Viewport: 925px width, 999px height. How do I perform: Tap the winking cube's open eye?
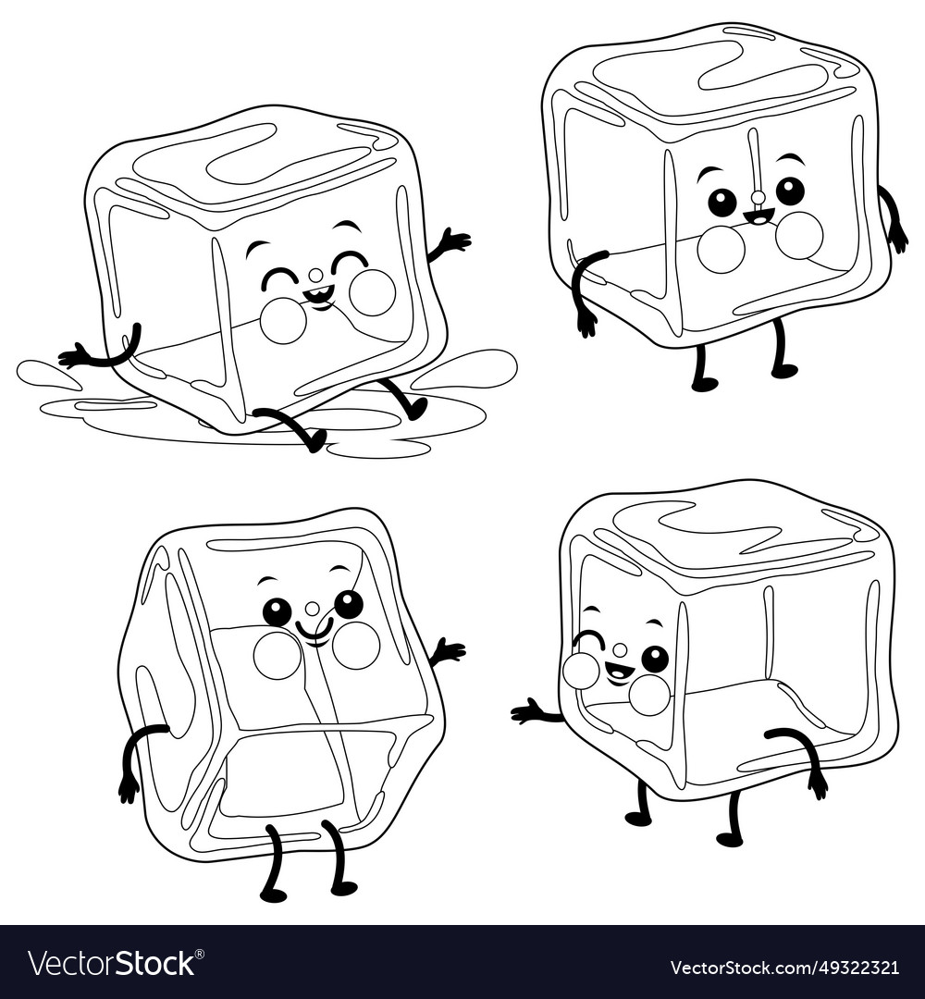tap(655, 659)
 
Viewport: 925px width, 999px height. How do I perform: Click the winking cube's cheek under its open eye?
tap(649, 694)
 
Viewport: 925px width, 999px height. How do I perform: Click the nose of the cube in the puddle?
tap(315, 275)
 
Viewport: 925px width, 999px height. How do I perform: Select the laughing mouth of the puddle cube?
tap(318, 298)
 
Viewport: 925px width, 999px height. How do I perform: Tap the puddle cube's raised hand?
tap(455, 240)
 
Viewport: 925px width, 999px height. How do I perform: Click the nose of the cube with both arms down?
tap(758, 196)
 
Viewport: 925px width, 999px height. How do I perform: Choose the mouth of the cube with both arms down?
tap(758, 218)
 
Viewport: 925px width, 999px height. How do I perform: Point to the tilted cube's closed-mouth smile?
tap(314, 633)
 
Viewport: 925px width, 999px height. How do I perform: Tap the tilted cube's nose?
tap(313, 608)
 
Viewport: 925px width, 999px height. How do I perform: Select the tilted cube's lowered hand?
tap(128, 787)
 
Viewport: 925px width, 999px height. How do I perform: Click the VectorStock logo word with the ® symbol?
tap(111, 963)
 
